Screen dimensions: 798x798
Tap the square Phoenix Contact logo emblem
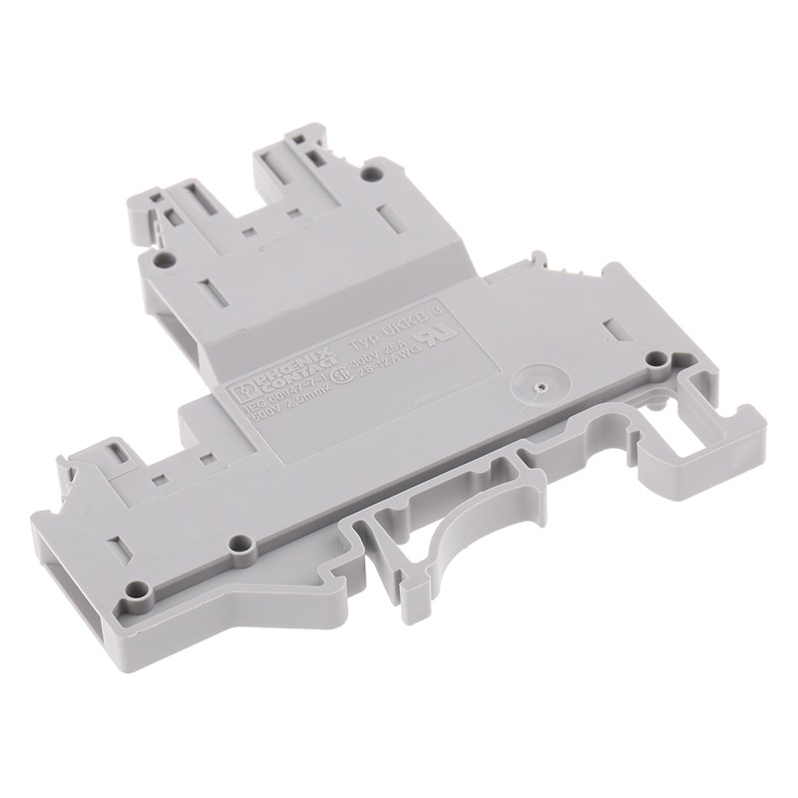[x=242, y=390]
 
